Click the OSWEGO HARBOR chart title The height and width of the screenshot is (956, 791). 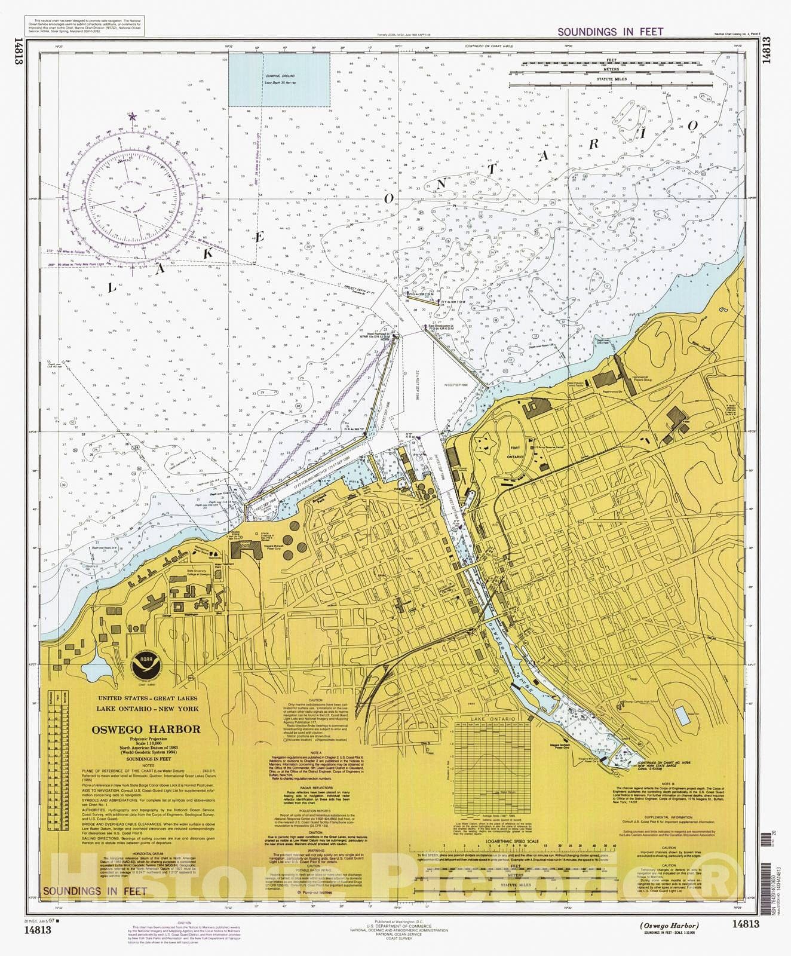click(145, 730)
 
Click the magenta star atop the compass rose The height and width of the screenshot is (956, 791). click(132, 117)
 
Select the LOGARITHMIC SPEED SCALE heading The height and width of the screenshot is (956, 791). click(512, 841)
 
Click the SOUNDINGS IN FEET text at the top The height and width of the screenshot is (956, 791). click(609, 32)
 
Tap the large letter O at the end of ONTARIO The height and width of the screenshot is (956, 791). click(692, 126)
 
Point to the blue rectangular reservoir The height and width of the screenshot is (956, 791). click(680, 715)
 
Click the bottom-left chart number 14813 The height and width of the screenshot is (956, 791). click(38, 930)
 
